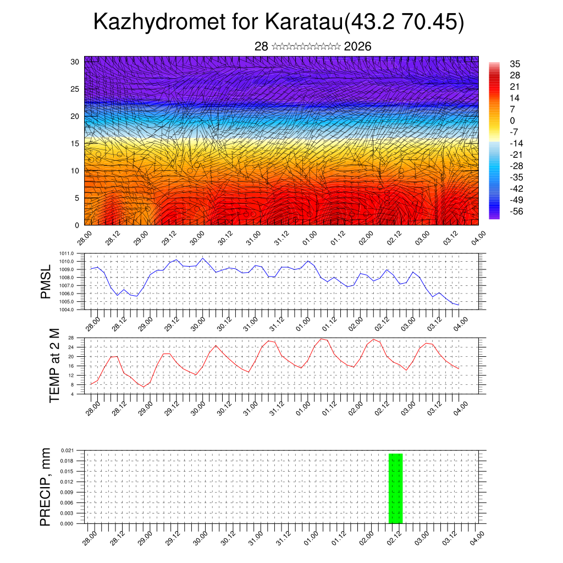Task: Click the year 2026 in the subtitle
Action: coord(357,47)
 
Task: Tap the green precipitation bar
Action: coord(396,488)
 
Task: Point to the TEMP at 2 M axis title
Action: coord(54,365)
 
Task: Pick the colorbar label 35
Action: coord(515,64)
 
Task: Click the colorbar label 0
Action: coord(512,121)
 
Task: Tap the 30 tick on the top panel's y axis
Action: coord(75,62)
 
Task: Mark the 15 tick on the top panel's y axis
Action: coord(75,143)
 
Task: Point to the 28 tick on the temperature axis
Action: coord(71,338)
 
